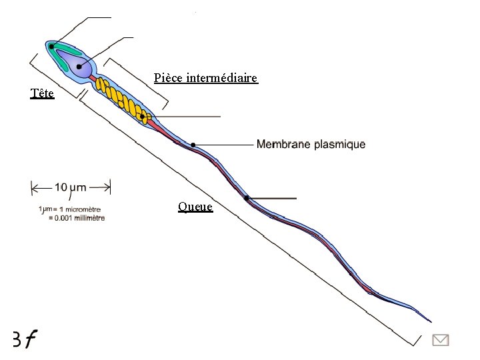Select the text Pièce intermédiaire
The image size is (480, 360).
(205, 78)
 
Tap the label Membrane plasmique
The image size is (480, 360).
(311, 144)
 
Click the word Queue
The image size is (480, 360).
(195, 207)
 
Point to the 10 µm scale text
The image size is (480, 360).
(70, 187)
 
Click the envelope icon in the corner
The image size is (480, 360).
(441, 340)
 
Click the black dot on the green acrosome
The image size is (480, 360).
(51, 47)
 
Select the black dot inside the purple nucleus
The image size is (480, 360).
(79, 67)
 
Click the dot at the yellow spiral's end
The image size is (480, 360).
(143, 117)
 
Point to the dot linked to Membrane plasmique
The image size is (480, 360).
(193, 145)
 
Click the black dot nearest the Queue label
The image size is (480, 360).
(246, 198)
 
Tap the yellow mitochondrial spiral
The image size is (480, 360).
(120, 97)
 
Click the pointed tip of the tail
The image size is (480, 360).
(431, 321)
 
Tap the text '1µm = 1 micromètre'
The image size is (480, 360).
(70, 210)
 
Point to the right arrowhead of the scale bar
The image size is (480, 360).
(108, 187)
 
